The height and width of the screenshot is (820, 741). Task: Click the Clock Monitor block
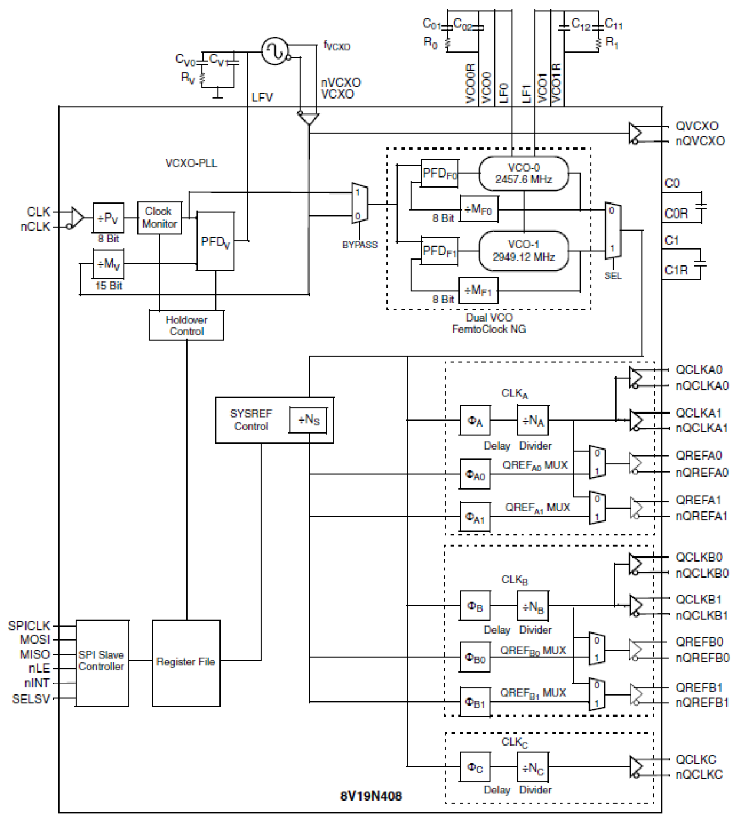coord(159,218)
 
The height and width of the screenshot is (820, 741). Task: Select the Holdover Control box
coord(186,326)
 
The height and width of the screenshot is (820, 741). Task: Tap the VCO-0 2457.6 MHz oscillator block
coord(524,174)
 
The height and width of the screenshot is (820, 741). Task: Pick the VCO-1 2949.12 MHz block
coord(524,251)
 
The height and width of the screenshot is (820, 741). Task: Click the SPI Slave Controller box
coord(102,662)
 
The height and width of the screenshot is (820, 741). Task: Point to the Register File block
coord(186,662)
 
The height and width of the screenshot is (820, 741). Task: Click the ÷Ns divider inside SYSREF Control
coord(309,420)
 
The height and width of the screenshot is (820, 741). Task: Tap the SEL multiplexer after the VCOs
coord(612,231)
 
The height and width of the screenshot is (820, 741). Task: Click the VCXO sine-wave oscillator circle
coord(275,51)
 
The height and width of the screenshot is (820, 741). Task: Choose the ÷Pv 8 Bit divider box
coord(109,218)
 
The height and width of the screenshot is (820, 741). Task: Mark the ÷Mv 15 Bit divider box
coord(109,264)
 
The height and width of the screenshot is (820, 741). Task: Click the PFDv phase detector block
coord(215,241)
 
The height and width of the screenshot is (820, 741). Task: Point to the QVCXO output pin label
coord(697,126)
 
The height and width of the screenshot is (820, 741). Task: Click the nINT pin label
coord(37,683)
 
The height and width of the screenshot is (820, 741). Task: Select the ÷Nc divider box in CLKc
coord(533,767)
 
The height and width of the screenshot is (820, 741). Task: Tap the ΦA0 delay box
coord(475,475)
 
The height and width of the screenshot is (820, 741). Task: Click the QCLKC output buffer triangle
coord(636,767)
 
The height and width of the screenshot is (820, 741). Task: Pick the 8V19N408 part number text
coord(371,796)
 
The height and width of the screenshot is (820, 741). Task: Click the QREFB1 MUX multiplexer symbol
coord(597,694)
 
